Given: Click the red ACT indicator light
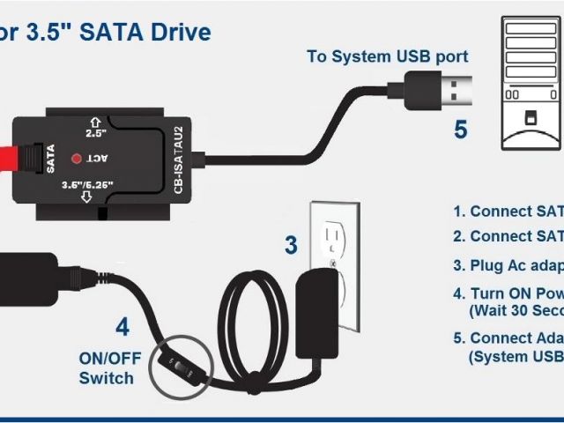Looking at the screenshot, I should click(x=76, y=159).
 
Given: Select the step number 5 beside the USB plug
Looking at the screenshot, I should click(x=460, y=130).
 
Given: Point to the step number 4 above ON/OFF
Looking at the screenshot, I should click(x=122, y=328).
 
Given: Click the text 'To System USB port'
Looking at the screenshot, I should click(x=387, y=56).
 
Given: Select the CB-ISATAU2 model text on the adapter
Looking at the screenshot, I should click(x=177, y=159).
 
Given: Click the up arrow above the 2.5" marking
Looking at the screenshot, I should click(x=95, y=120).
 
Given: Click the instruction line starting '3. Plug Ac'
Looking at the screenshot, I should click(x=507, y=265).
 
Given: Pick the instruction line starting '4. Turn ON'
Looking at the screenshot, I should click(x=507, y=294).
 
